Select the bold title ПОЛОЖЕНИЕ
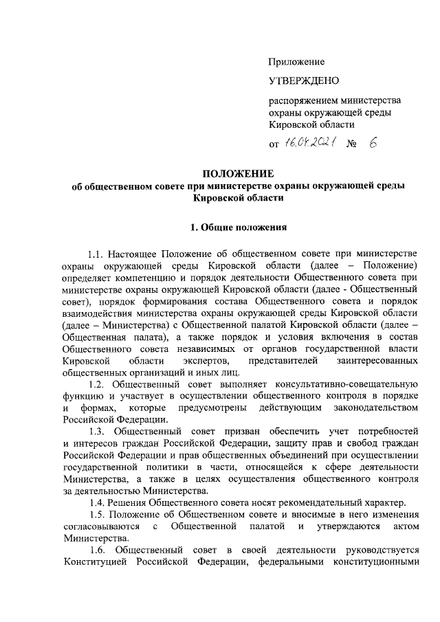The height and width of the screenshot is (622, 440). tap(237, 173)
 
